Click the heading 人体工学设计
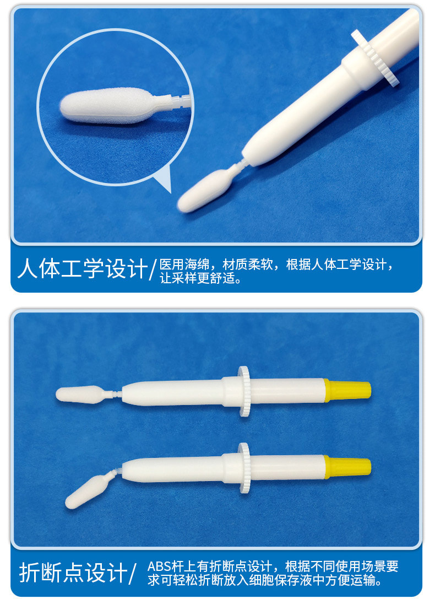[83, 269]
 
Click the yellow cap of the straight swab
[349, 390]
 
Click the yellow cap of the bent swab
[349, 466]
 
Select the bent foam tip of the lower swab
[82, 490]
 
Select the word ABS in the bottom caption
[160, 566]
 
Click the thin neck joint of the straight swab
[115, 394]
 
